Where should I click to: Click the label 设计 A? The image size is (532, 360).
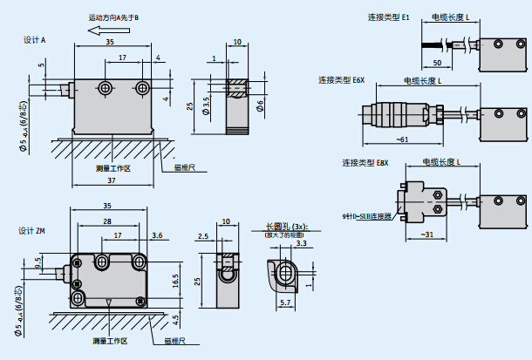coord(35,40)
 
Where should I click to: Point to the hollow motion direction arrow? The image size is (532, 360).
coord(90,31)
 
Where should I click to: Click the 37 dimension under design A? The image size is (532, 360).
coord(111,180)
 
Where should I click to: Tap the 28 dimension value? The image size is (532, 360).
coord(106,221)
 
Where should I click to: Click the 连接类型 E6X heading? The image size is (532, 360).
coord(341,80)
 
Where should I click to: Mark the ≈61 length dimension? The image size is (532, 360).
coord(402,139)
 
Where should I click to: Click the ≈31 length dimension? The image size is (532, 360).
coord(427,234)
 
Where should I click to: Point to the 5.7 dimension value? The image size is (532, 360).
coord(286,303)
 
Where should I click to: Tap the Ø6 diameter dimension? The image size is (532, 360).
coord(260,105)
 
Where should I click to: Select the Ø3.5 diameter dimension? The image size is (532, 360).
coord(207,107)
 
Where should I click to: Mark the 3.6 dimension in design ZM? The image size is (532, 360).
coord(156,235)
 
